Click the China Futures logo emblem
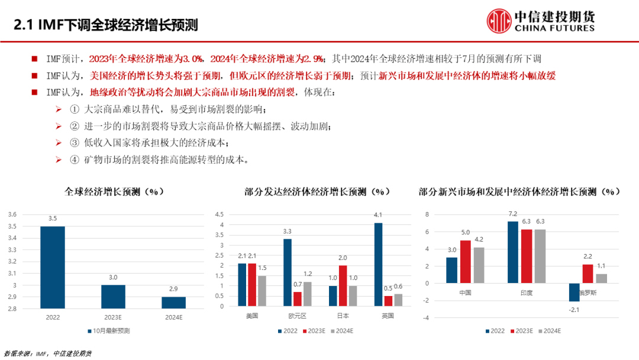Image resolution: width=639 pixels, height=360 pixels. (x=499, y=20)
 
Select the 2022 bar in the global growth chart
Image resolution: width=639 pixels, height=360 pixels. (x=53, y=267)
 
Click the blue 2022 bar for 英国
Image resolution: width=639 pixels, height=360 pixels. (x=379, y=265)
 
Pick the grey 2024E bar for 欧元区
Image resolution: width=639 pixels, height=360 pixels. (x=307, y=294)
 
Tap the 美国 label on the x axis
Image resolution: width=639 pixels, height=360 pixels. (x=252, y=316)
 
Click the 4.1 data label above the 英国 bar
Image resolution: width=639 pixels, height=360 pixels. (x=379, y=215)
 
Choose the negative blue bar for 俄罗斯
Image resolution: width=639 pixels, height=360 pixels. (x=574, y=292)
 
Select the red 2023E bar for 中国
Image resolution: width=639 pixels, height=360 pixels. (x=466, y=262)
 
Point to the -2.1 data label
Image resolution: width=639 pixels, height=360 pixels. (x=573, y=308)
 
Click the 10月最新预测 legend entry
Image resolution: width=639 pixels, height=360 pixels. (x=112, y=330)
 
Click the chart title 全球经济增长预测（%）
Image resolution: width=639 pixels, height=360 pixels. (x=114, y=192)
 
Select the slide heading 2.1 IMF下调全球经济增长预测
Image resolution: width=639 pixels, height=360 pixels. (x=106, y=25)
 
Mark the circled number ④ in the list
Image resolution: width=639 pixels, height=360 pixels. (x=74, y=160)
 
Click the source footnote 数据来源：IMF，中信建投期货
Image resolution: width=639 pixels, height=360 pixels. (x=47, y=353)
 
